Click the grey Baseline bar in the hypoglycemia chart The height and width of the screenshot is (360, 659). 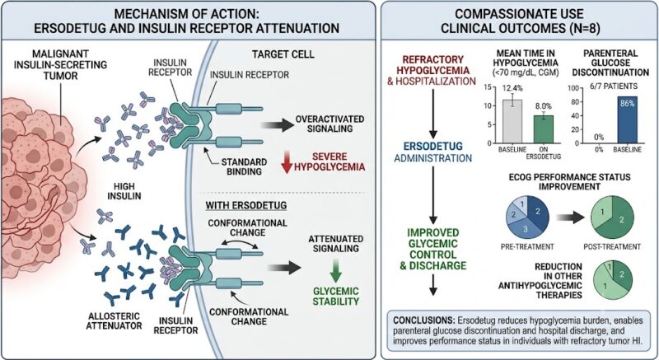512,121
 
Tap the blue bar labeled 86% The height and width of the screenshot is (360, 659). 628,119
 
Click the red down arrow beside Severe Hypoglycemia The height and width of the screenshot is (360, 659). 287,163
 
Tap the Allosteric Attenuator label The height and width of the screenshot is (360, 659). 114,320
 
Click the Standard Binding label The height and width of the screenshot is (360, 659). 244,166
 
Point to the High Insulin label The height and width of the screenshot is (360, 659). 124,192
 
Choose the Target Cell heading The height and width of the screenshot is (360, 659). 283,54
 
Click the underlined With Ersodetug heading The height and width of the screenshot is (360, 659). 245,205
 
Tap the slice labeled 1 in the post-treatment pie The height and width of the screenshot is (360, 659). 602,213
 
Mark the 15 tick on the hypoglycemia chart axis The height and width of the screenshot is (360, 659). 488,87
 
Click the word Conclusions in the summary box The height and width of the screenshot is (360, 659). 425,320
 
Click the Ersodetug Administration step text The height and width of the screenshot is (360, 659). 433,152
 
